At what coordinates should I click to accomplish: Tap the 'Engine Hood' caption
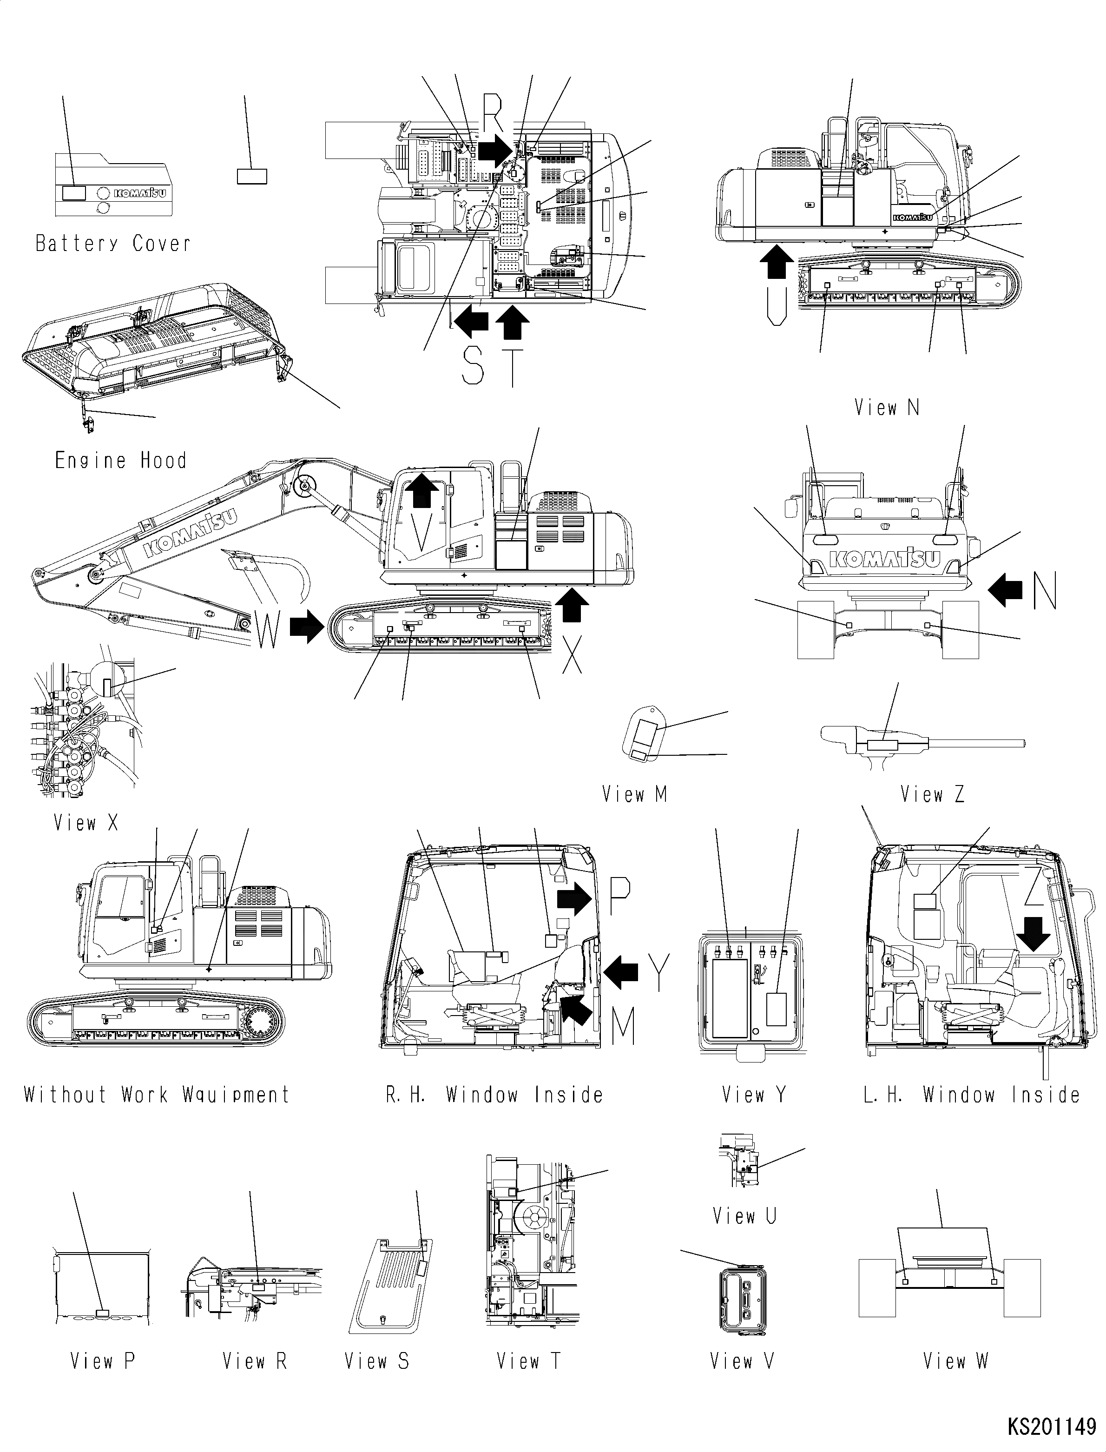pyautogui.click(x=120, y=460)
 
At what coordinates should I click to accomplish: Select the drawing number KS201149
pyautogui.click(x=1051, y=1428)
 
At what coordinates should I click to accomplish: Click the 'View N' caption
pyautogui.click(x=886, y=408)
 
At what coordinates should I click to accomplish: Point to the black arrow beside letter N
pyautogui.click(x=1005, y=589)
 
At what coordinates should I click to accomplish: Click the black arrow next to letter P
pyautogui.click(x=575, y=899)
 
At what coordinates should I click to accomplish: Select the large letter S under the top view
pyautogui.click(x=473, y=367)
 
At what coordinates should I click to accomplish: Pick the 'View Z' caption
pyautogui.click(x=932, y=795)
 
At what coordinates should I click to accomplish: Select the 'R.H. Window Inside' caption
pyautogui.click(x=494, y=1095)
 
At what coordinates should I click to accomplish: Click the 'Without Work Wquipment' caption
pyautogui.click(x=157, y=1095)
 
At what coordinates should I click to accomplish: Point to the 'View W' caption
pyautogui.click(x=955, y=1361)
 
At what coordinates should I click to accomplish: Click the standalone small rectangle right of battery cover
pyautogui.click(x=251, y=176)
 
